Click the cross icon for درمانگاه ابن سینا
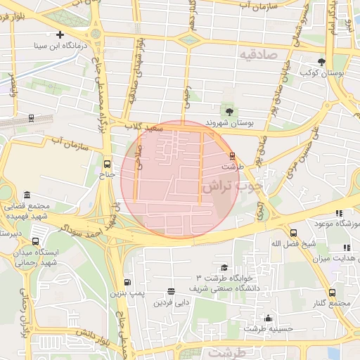tap(60, 34)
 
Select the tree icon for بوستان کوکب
tap(321, 62)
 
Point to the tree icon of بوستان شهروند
tap(229, 111)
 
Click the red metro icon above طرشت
tap(232, 155)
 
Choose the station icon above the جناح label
tap(106, 162)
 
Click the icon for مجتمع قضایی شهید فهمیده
tap(27, 195)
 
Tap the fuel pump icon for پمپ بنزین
tap(127, 281)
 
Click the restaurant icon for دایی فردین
tap(171, 291)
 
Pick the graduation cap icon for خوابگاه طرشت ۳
tap(224, 268)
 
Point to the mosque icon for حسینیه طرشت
tap(267, 317)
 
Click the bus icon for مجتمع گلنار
tap(332, 292)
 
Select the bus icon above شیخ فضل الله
tap(292, 233)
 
